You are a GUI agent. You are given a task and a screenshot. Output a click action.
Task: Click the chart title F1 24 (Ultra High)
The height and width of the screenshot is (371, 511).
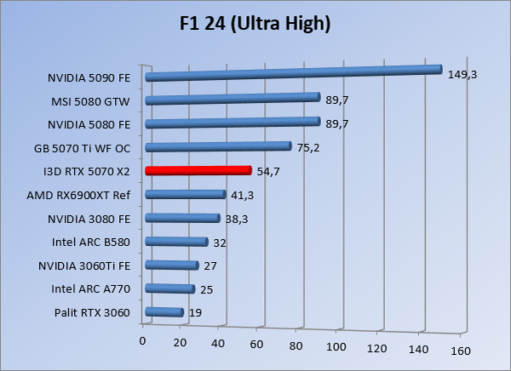pyautogui.click(x=255, y=24)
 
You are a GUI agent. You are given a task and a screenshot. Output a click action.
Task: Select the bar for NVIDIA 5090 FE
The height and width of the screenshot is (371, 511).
pyautogui.click(x=294, y=73)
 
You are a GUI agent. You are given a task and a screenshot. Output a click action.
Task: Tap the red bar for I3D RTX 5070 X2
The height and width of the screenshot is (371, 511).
pyautogui.click(x=198, y=170)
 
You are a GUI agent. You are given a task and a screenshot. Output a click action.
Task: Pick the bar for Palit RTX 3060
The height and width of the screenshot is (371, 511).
pyautogui.click(x=164, y=312)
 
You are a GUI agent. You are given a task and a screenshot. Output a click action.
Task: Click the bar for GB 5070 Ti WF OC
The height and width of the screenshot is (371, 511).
pyautogui.click(x=219, y=146)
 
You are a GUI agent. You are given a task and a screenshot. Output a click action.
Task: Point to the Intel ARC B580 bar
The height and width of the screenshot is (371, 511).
pyautogui.click(x=177, y=242)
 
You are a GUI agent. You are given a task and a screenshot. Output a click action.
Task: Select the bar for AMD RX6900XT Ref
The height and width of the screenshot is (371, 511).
pyautogui.click(x=186, y=194)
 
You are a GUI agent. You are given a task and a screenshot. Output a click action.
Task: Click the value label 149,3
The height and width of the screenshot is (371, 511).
pyautogui.click(x=462, y=74)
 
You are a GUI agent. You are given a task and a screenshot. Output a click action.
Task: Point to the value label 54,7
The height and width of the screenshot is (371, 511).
pyautogui.click(x=268, y=171)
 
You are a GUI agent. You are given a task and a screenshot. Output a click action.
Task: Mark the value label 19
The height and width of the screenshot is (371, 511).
pyautogui.click(x=194, y=313)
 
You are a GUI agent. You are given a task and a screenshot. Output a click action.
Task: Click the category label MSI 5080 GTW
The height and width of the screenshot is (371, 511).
pyautogui.click(x=90, y=100)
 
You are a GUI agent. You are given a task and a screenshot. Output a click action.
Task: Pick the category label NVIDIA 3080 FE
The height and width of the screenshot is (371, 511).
pyautogui.click(x=89, y=219)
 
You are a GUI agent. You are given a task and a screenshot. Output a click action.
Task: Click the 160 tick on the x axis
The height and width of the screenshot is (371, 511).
pyautogui.click(x=461, y=350)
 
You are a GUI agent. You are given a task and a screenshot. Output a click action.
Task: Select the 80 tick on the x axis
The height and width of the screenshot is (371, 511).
pyautogui.click(x=296, y=345)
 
